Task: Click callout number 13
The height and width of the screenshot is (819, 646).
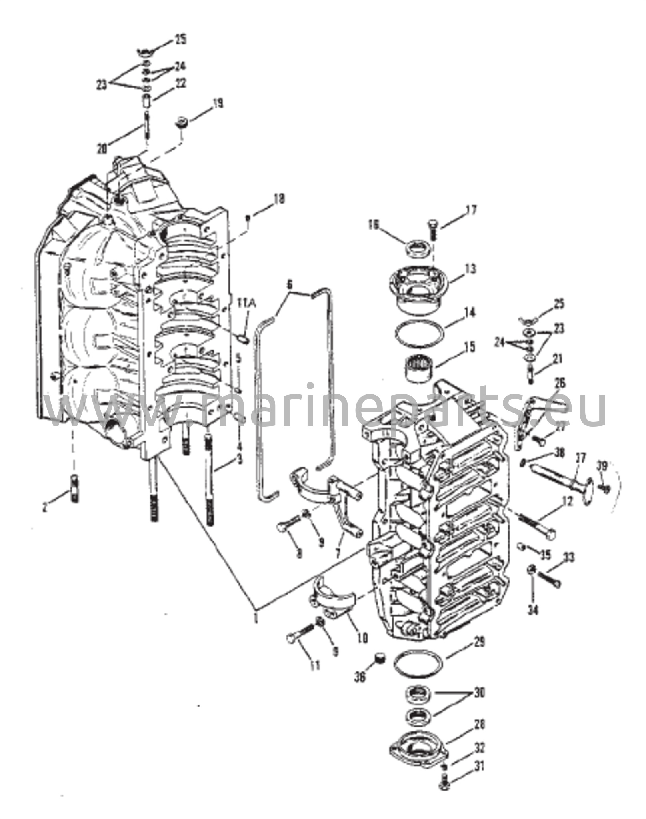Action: (471, 269)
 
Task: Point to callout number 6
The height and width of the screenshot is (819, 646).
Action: (290, 285)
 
